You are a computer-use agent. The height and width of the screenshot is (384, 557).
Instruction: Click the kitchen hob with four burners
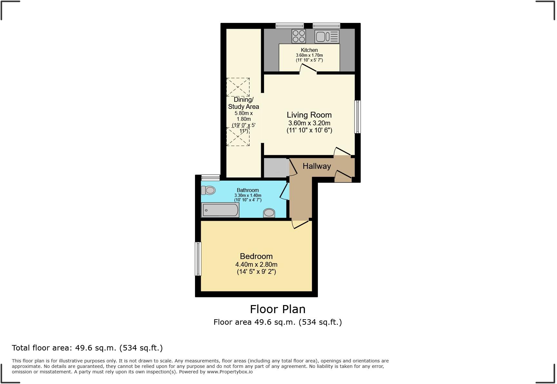coord(298,36)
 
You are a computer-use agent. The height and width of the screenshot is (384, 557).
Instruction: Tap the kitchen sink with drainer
coord(327,36)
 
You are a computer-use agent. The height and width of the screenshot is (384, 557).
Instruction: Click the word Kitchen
coord(309,50)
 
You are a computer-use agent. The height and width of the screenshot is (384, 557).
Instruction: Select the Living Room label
coord(309,115)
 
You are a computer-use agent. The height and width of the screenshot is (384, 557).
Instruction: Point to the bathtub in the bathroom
coord(220,210)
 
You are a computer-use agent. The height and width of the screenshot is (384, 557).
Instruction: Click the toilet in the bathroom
coord(208,190)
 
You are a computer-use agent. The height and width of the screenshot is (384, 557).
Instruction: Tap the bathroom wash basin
coord(269,213)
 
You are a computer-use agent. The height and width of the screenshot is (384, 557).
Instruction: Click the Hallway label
coord(317,166)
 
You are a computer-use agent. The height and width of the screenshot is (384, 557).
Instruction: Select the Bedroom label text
coord(256,256)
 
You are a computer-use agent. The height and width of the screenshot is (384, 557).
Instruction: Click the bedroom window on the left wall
coord(198,259)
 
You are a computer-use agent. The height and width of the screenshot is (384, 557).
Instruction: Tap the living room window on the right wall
coord(357,117)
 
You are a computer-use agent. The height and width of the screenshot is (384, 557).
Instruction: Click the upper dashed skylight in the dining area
coord(238,87)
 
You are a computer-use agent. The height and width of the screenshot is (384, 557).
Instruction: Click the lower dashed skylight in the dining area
coord(238,137)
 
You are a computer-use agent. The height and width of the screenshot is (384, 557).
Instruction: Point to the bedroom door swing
coord(300,224)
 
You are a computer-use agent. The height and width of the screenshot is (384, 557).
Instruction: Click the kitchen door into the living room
coord(308,68)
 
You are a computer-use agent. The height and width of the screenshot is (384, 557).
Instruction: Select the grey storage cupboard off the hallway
coord(276,168)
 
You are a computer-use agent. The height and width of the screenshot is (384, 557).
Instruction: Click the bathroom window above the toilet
coord(210,178)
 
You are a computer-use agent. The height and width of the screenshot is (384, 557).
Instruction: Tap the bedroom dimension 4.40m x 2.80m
coord(256,264)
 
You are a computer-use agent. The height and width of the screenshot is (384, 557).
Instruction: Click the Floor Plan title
coord(278,309)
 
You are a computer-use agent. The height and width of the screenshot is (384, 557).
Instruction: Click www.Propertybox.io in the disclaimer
coord(230,372)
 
